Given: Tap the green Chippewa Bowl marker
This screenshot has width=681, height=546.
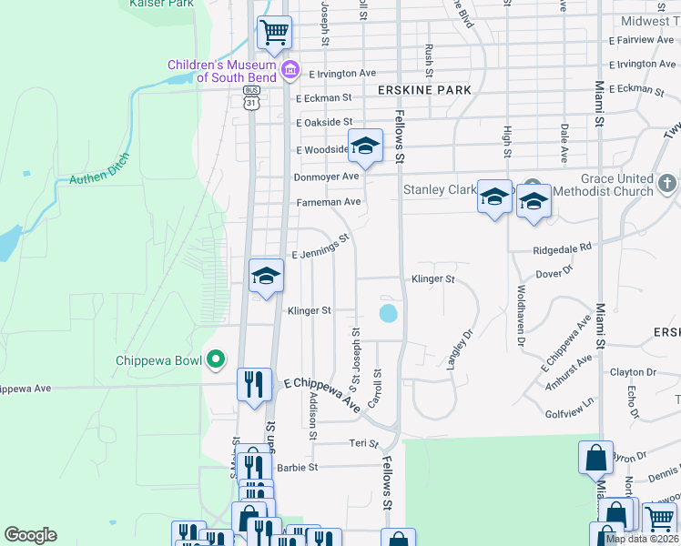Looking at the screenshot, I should point(216,360).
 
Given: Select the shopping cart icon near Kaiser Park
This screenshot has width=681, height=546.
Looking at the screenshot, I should point(274,34).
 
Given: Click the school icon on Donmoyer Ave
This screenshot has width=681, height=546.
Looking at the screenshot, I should point(365,147).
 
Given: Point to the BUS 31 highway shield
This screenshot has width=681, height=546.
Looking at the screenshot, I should point(251,98).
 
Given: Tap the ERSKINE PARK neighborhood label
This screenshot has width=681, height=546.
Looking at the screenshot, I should point(424,90).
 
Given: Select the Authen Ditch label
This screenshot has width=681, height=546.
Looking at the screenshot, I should point(100,169).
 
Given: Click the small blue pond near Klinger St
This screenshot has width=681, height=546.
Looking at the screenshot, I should point(388,314).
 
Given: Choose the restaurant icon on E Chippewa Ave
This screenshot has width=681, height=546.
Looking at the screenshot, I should point(254,384).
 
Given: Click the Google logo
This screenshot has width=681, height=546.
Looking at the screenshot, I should point(30,535).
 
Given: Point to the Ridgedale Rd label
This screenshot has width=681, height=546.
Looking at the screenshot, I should point(563,247).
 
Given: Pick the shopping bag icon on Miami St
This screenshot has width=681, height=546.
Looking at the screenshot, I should point(595,457).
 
